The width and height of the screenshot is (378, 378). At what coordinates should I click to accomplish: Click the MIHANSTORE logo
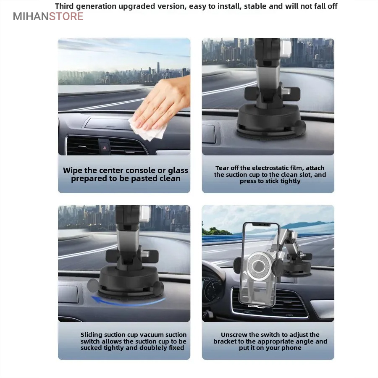coord(48,16)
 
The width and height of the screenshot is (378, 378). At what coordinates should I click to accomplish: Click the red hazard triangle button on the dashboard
coord(105,147)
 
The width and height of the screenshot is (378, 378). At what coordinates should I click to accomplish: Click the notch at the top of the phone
coord(261,224)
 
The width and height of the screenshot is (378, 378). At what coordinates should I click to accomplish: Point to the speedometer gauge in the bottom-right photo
coord(213,290)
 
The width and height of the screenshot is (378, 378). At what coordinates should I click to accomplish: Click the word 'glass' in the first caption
coord(178,171)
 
